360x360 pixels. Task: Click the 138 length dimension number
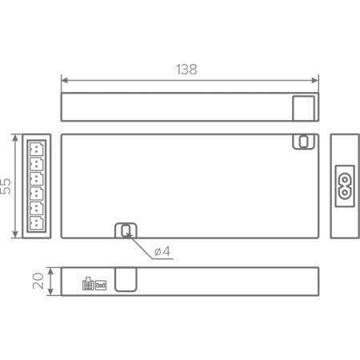click(186, 70)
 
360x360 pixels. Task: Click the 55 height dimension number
click(6, 186)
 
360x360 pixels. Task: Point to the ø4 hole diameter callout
click(162, 252)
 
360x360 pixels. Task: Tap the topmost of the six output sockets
click(37, 149)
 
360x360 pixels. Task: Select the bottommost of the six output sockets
click(37, 223)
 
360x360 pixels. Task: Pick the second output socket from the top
click(37, 164)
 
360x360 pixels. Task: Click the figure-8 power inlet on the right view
click(345, 185)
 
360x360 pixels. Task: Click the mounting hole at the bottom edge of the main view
click(126, 230)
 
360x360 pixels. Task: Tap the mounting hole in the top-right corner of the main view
click(303, 142)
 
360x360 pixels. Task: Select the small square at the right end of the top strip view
click(304, 107)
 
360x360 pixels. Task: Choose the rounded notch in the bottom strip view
click(126, 279)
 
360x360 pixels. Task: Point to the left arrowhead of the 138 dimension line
click(64, 79)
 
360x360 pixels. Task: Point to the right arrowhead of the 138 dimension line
click(316, 79)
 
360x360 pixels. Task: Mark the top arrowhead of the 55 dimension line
click(16, 137)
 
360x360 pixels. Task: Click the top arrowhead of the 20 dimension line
click(50, 270)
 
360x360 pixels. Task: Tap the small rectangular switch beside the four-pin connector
click(101, 283)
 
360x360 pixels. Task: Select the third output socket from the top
click(37, 179)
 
